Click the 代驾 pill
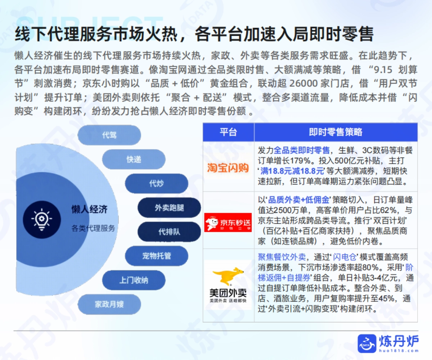(109, 135)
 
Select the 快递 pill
(134, 159)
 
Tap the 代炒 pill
(156, 183)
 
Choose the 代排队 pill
(169, 232)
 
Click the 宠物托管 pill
(156, 256)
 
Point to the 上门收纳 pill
(134, 280)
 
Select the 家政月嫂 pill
(109, 304)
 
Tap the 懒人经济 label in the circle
(89, 210)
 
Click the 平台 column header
(228, 132)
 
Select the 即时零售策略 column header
(336, 132)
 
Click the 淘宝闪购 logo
(228, 167)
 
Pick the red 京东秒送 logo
(228, 222)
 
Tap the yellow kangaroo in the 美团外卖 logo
(228, 276)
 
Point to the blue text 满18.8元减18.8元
(292, 171)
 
